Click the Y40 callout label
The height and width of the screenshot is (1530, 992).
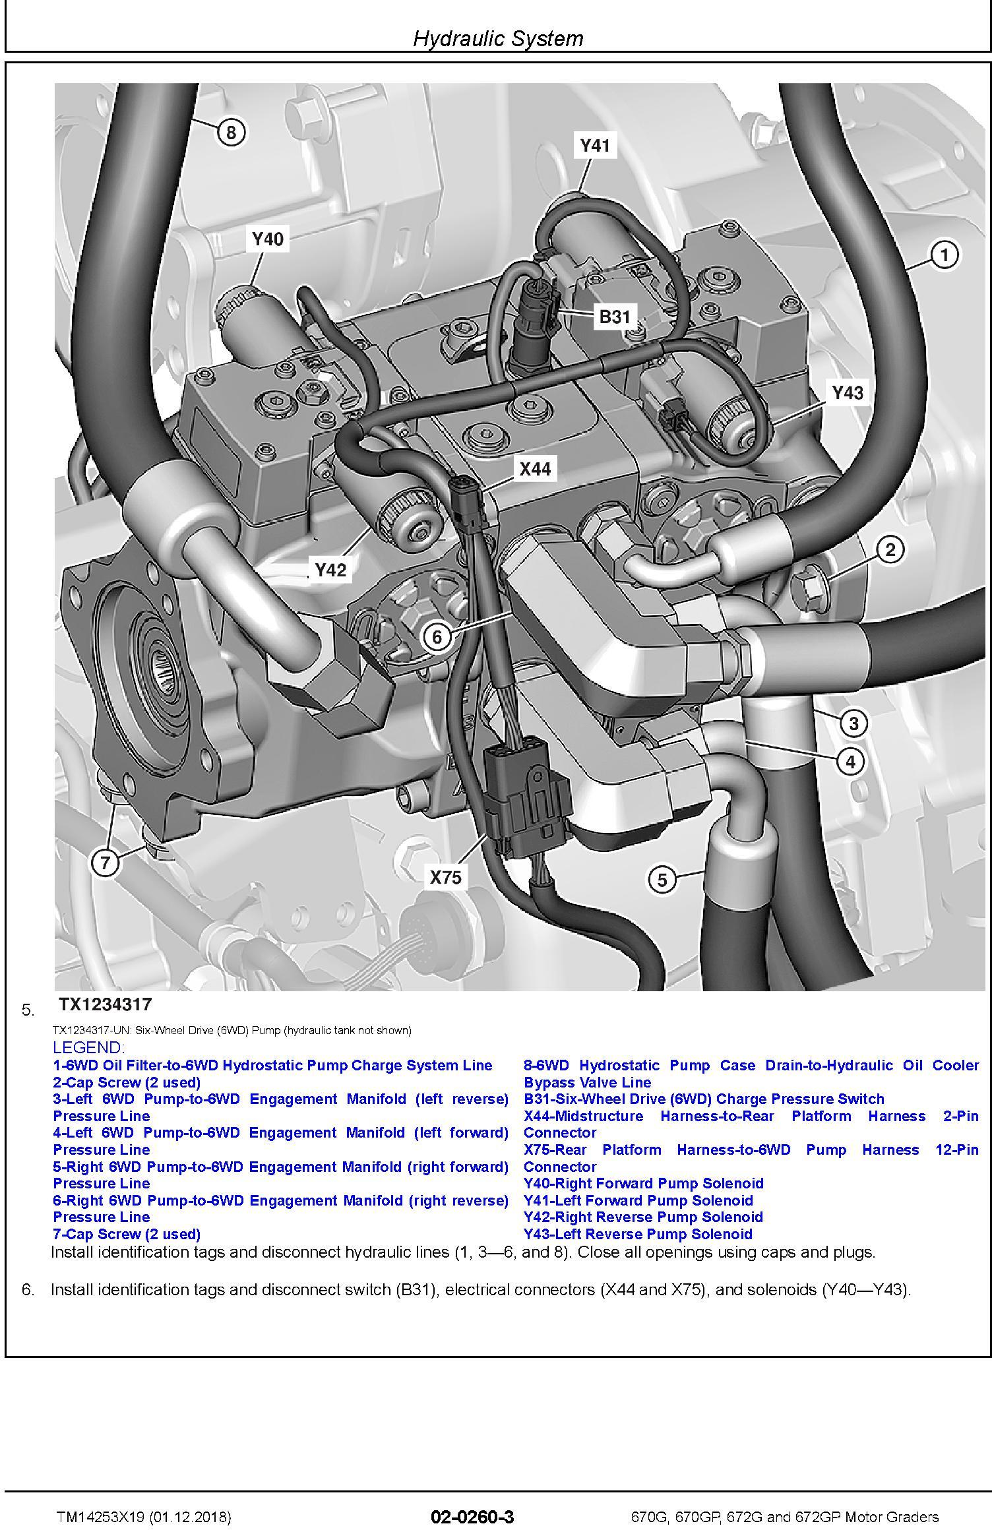point(267,239)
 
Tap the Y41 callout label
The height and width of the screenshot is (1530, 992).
point(594,145)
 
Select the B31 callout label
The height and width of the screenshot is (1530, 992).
point(614,317)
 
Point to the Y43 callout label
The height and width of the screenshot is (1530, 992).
point(847,393)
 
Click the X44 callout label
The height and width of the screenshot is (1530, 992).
point(534,469)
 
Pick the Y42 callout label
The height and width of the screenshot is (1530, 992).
point(330,570)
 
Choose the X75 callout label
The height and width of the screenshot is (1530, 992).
point(446,877)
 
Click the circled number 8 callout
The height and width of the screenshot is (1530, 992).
point(231,133)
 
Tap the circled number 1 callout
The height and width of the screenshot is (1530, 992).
point(944,255)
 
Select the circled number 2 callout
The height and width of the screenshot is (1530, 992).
point(890,549)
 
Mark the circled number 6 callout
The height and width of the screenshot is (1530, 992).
point(437,637)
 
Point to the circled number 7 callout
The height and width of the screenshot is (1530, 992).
point(106,863)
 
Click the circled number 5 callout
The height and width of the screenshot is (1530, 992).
point(662,880)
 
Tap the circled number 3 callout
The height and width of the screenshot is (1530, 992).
point(853,723)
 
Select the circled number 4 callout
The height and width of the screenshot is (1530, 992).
point(850,762)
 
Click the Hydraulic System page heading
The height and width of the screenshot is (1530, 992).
point(498,39)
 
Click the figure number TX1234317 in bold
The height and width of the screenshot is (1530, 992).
point(106,1004)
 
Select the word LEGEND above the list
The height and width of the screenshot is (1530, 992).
point(88,1047)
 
